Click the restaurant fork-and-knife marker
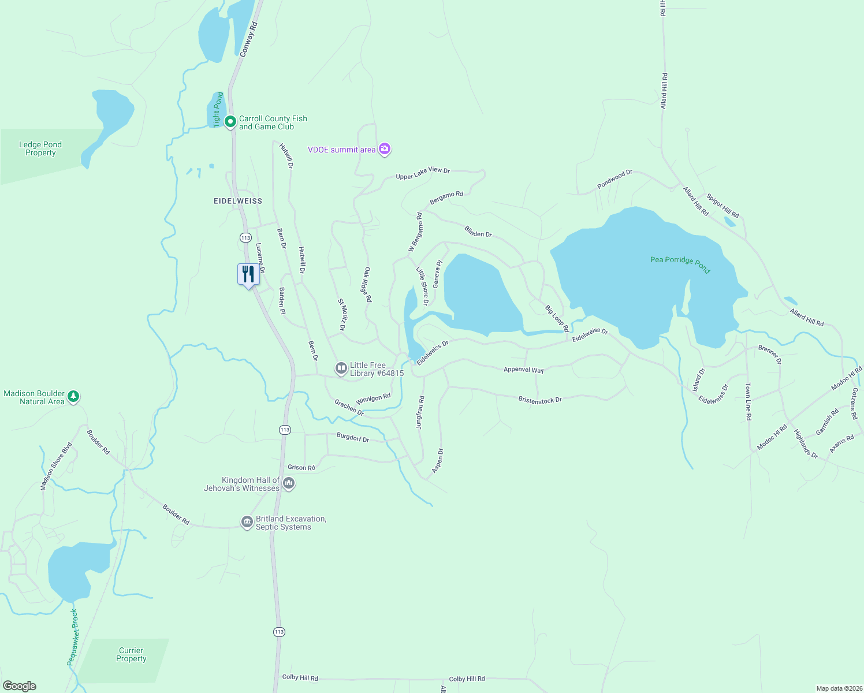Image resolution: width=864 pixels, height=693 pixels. (x=248, y=274)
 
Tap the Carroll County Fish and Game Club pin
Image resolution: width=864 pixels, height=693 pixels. (x=230, y=122)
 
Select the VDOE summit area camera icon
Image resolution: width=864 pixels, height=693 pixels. (x=385, y=150)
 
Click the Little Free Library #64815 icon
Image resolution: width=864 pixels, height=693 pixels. (x=341, y=368)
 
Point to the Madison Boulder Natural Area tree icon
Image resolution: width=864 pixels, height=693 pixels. (x=73, y=397)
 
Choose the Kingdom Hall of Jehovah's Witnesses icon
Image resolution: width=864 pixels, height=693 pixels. (x=289, y=483)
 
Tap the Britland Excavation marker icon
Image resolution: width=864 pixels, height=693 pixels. (x=247, y=522)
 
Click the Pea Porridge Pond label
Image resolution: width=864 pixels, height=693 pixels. (x=680, y=263)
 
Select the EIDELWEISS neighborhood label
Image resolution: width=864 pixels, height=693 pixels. (x=238, y=201)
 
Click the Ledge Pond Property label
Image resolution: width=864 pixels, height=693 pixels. (x=40, y=149)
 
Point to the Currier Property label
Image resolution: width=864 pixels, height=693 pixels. (x=131, y=654)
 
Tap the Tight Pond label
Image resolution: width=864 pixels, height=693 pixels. (x=218, y=109)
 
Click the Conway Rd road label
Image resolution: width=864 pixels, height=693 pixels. (x=248, y=39)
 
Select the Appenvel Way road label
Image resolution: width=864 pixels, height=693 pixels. (x=523, y=370)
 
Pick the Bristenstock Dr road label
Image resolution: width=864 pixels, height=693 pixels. (x=539, y=400)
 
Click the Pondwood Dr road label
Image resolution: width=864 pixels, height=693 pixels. (x=615, y=179)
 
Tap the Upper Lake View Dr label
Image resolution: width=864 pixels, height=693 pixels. (x=423, y=173)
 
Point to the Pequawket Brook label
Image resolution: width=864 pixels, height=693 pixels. (x=73, y=637)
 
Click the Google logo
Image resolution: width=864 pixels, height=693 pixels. (x=20, y=685)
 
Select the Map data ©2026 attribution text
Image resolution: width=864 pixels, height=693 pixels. (x=838, y=688)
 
